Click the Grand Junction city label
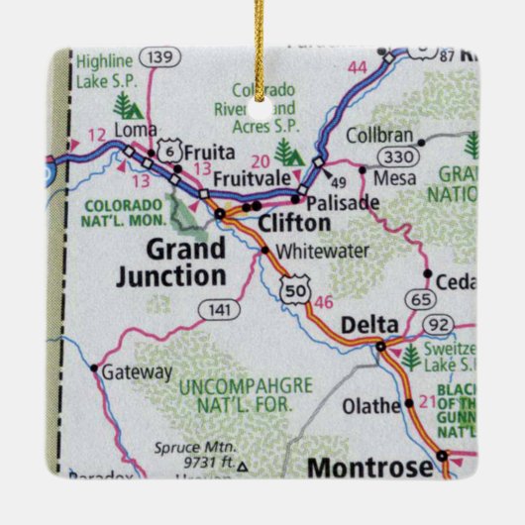pos(171,262)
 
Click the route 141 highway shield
pos(219,310)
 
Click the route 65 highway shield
pos(421,298)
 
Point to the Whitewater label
pos(314,252)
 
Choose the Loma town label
pos(137,129)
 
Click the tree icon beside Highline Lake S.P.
pos(125,103)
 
